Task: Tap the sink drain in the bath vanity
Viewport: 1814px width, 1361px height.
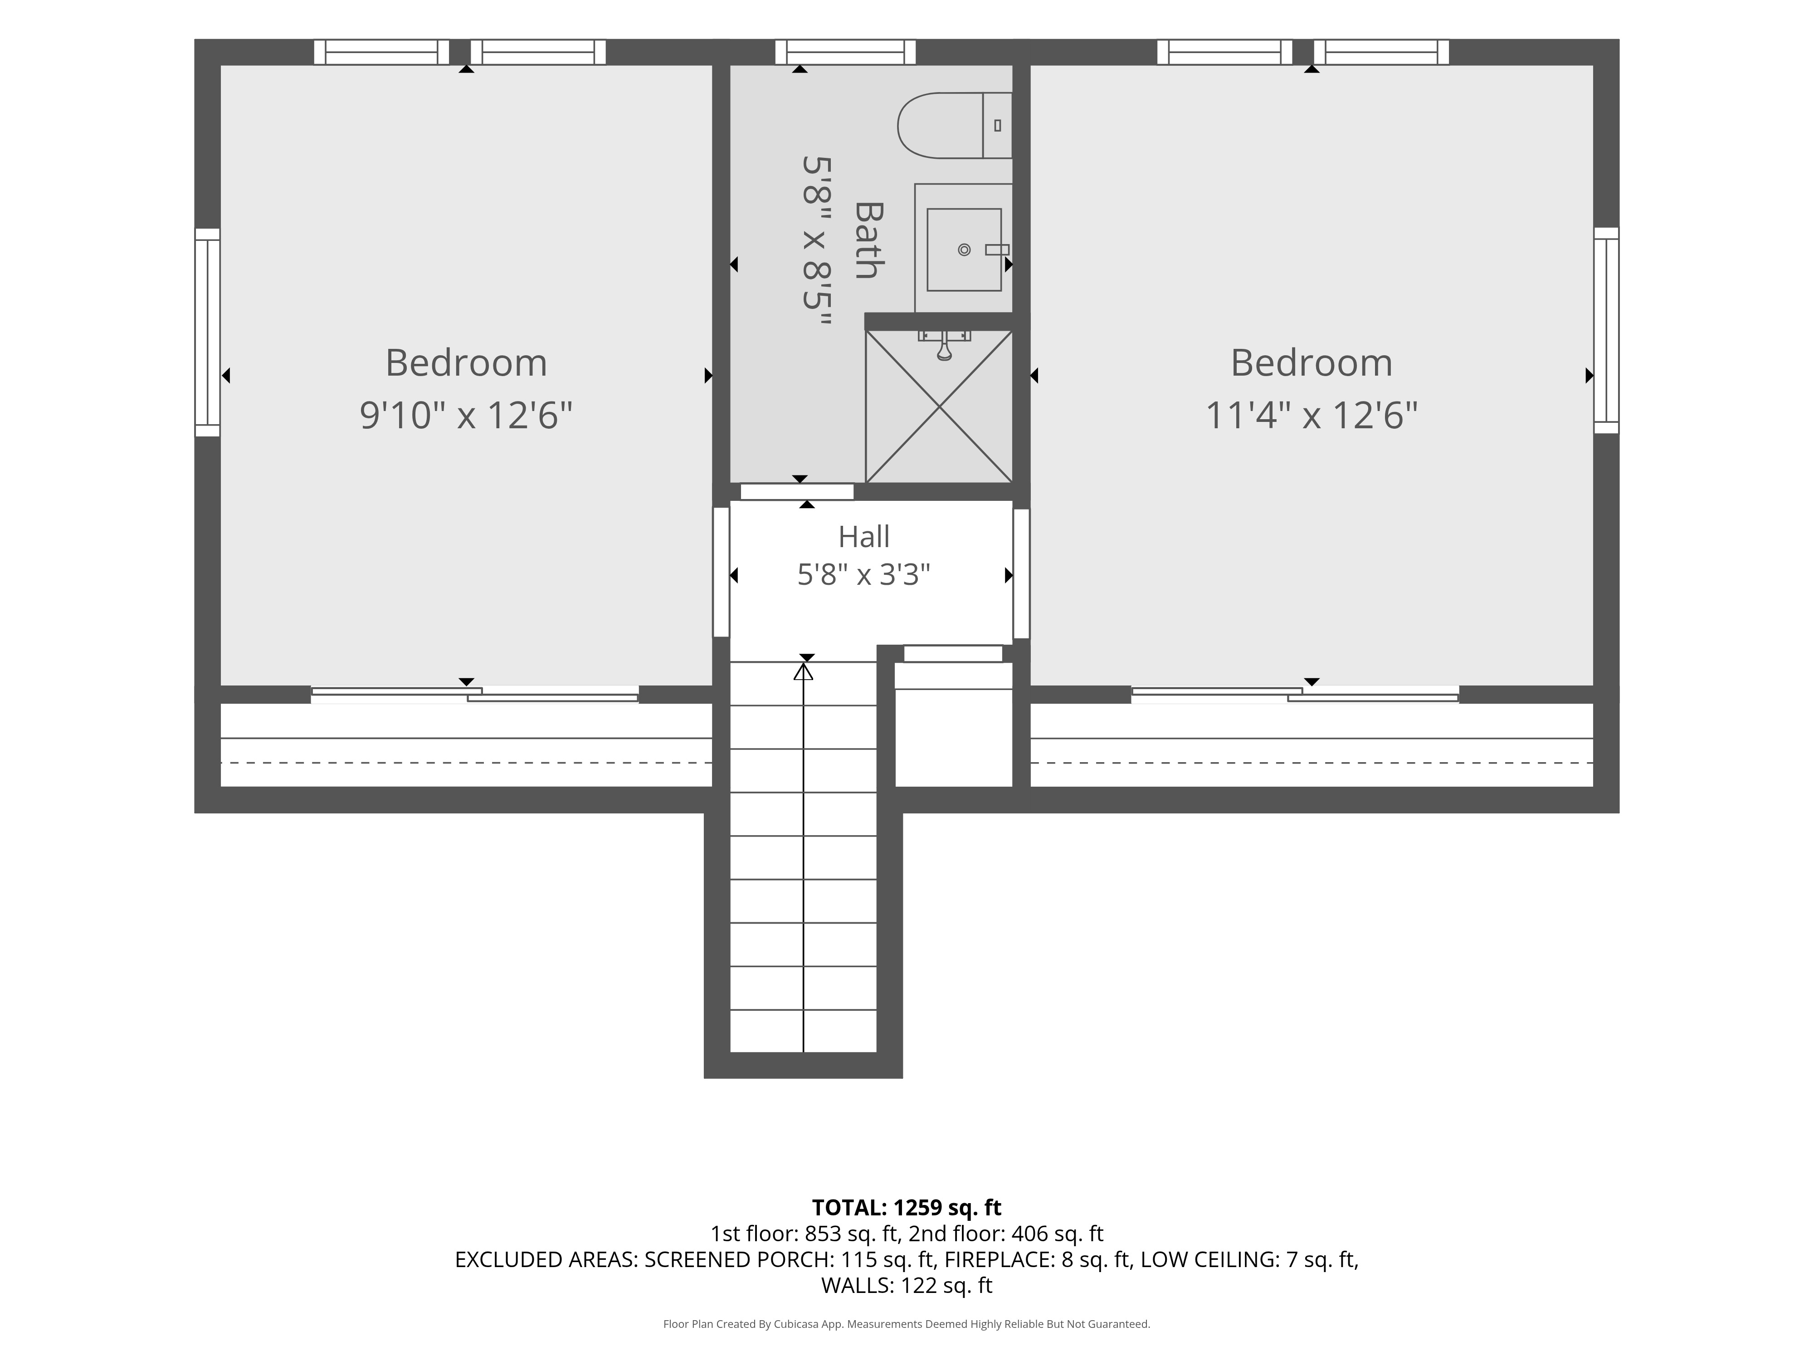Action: [x=965, y=250]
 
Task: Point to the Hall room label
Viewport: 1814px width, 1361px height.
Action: [x=863, y=537]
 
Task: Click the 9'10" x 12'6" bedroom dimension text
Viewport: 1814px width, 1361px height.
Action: [x=466, y=415]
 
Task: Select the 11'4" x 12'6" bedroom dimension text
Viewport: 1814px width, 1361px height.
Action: [x=1312, y=415]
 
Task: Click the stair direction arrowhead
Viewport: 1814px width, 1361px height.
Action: [x=804, y=672]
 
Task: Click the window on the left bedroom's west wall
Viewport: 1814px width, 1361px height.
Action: [x=208, y=332]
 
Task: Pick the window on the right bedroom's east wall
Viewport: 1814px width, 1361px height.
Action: [x=1606, y=331]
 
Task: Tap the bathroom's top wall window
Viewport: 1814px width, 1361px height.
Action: [x=845, y=52]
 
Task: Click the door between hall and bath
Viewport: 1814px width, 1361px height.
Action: [x=797, y=491]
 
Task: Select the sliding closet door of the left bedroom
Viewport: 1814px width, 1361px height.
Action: [x=475, y=694]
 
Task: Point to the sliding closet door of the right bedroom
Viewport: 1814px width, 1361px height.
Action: [x=1295, y=694]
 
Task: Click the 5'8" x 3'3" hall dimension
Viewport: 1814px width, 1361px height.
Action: [x=863, y=575]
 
